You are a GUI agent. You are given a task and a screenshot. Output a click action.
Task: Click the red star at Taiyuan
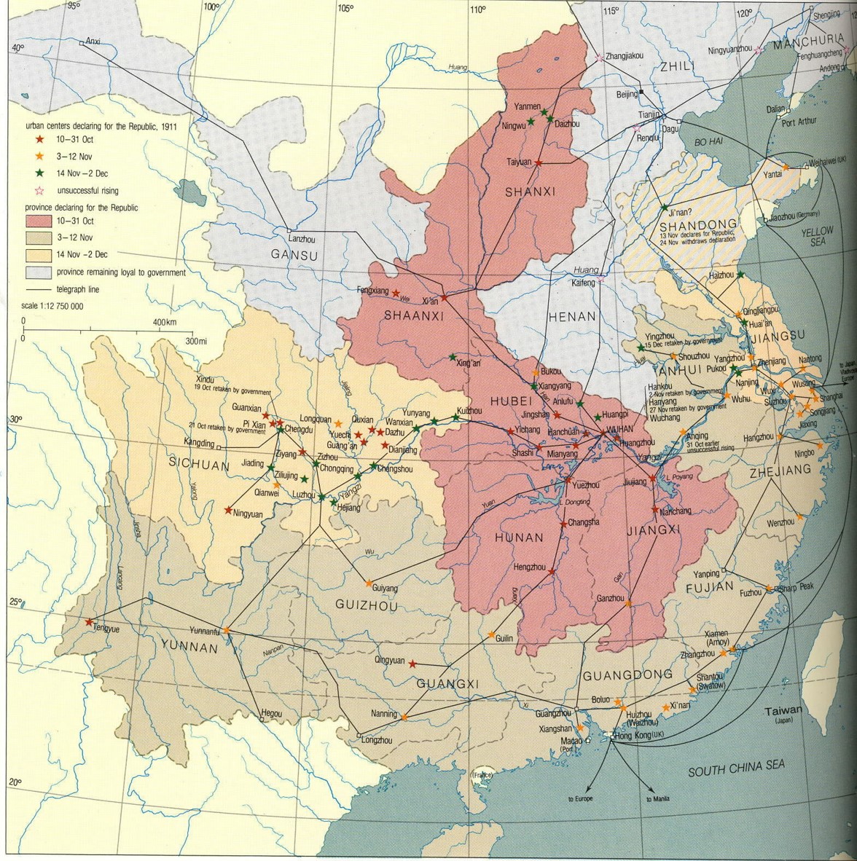(539, 163)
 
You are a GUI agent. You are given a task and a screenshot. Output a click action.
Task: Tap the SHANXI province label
(531, 192)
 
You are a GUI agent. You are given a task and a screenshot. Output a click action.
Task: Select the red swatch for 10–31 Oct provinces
(44, 220)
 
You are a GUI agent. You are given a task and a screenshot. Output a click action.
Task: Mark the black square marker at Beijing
(641, 93)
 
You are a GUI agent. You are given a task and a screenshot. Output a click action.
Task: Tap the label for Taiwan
(783, 711)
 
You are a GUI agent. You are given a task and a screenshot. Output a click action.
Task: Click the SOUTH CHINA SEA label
(737, 768)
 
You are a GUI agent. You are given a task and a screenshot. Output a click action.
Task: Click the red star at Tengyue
(89, 622)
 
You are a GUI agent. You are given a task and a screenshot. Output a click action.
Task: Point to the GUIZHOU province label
(367, 605)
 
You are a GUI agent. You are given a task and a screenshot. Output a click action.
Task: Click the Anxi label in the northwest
(93, 42)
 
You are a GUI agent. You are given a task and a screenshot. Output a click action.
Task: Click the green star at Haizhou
(740, 275)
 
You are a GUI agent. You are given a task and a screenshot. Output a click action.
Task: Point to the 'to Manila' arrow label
(658, 799)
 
